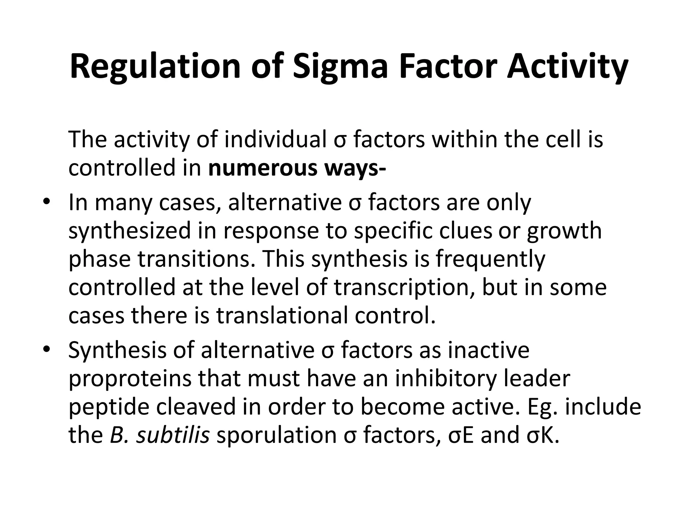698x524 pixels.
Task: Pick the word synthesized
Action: tap(130, 231)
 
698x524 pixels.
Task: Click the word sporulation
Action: tap(276, 435)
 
